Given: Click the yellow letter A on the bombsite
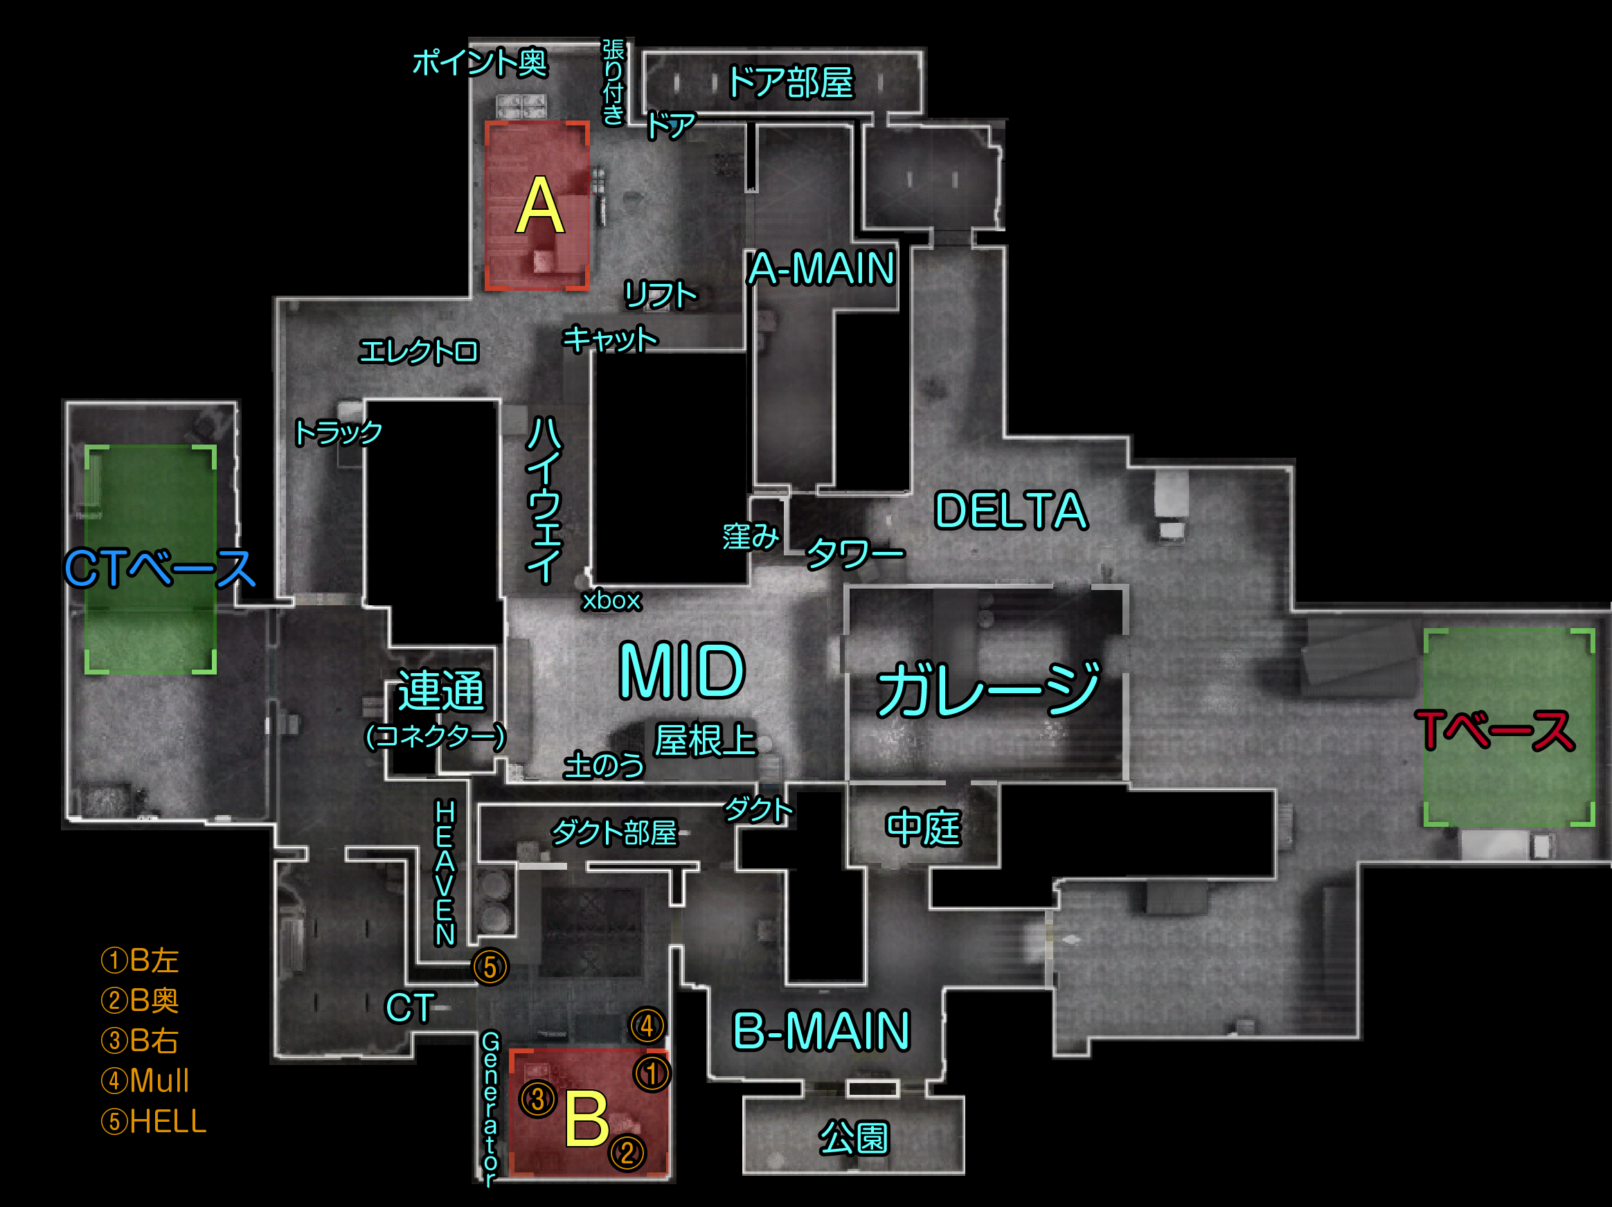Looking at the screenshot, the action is (540, 206).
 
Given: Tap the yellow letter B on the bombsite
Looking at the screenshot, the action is (587, 1118).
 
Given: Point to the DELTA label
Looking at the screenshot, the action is (1011, 510).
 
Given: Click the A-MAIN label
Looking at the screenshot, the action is (822, 268).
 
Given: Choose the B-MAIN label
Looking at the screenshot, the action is (821, 1030).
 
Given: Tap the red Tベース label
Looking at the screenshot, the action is (1495, 730).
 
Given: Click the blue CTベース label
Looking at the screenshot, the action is (159, 569).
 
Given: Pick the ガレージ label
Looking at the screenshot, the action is (988, 689).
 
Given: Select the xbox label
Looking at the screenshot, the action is (611, 600).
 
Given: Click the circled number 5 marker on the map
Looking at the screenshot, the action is (490, 967).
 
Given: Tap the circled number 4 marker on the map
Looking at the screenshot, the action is (647, 1026).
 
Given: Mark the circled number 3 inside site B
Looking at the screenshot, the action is (538, 1099).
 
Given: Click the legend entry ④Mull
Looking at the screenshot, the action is (145, 1080).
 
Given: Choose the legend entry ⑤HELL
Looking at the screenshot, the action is (154, 1121).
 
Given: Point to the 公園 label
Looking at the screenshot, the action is (853, 1138).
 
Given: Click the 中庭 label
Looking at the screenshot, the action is (923, 828).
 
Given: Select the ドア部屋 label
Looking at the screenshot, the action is (790, 82).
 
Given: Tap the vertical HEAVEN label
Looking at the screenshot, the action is (445, 873).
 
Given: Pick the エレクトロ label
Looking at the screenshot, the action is (418, 351).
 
